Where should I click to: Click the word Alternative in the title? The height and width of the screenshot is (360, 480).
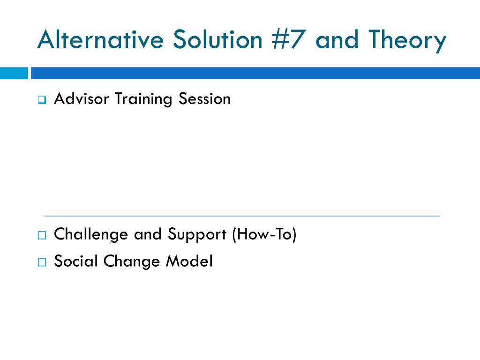[x=100, y=39]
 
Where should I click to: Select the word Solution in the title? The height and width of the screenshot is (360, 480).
[x=217, y=39]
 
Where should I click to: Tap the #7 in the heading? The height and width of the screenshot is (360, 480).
[x=288, y=39]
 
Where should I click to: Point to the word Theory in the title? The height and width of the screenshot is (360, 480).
[x=407, y=41]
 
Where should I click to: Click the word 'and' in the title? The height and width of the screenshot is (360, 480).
[x=337, y=39]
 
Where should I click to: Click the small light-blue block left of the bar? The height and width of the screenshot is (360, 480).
[x=14, y=73]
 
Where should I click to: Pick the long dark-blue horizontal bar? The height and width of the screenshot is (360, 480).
[x=255, y=73]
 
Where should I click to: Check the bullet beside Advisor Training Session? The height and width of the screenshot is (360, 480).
[x=42, y=100]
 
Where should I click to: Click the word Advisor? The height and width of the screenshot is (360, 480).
[x=81, y=98]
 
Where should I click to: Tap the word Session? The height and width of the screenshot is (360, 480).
[x=204, y=98]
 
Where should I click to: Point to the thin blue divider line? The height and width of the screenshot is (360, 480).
[x=242, y=216]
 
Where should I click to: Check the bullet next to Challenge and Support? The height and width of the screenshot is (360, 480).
[x=42, y=235]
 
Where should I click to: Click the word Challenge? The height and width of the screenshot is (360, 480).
[x=90, y=235]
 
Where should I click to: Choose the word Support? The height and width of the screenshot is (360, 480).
[x=197, y=235]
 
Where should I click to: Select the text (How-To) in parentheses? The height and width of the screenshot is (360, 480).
[x=264, y=234]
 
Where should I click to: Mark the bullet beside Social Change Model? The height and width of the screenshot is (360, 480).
[x=42, y=262]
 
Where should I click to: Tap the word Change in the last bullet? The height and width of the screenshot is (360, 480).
[x=132, y=262]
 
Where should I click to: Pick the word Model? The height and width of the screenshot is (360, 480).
[x=189, y=261]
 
